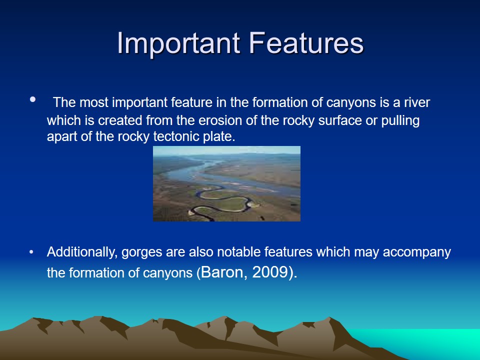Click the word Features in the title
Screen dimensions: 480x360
click(x=306, y=43)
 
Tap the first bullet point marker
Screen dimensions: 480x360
click(x=33, y=99)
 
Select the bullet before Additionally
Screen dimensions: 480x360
click(x=31, y=252)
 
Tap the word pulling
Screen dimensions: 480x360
click(x=400, y=121)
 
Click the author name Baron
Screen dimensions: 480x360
click(x=222, y=272)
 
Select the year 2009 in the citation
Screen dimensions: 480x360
click(x=270, y=272)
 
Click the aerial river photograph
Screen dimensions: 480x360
click(x=226, y=183)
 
